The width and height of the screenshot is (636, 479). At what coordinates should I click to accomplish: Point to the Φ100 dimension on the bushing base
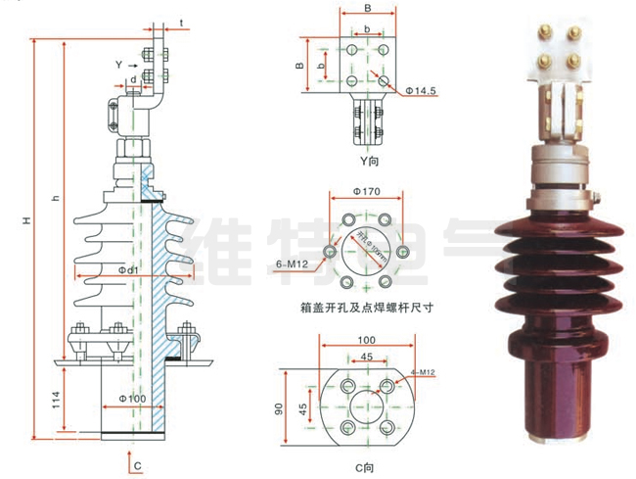pyautogui.click(x=133, y=397)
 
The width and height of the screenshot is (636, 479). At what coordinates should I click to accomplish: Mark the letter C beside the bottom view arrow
pyautogui.click(x=138, y=462)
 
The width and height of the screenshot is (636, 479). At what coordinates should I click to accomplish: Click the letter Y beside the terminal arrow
pyautogui.click(x=118, y=65)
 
